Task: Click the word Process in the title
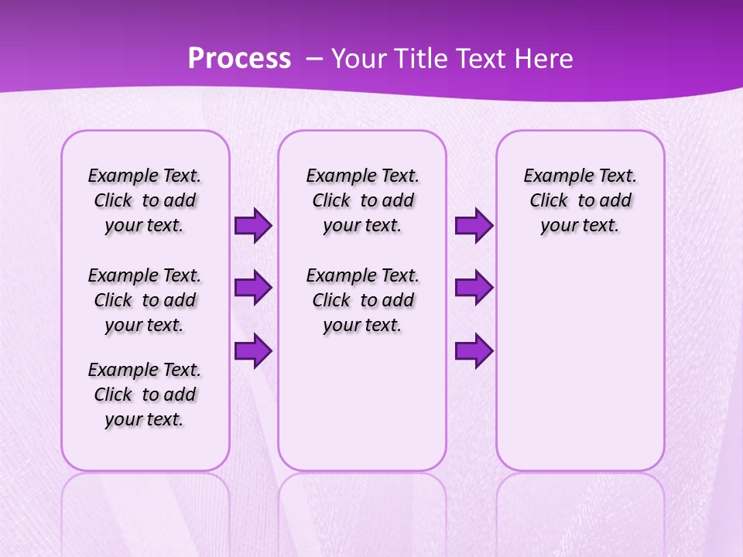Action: pos(239,59)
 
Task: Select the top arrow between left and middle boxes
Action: pos(253,226)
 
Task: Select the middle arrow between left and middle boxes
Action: pos(253,288)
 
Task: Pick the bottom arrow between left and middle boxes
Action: pos(253,350)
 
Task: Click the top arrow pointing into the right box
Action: pos(474,226)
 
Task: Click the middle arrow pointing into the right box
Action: pos(474,288)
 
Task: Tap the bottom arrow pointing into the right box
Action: pos(474,350)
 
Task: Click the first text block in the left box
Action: pos(145,200)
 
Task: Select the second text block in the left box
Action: pos(145,300)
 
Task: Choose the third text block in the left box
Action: pos(145,395)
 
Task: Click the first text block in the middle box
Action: pos(362,200)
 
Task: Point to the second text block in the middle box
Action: pos(362,300)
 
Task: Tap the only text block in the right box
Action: pos(580,200)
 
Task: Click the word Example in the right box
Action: pos(556,176)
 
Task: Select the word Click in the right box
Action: pos(549,201)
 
